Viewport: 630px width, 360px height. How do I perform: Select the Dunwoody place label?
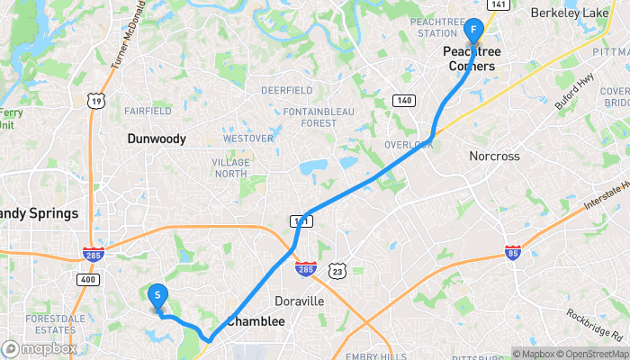click(x=157, y=139)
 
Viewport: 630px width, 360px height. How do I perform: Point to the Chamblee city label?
click(x=256, y=321)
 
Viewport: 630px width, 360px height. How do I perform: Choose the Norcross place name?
click(x=494, y=156)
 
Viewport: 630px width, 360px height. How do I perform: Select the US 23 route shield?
click(x=337, y=269)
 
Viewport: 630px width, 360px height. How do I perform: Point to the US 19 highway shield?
click(x=94, y=101)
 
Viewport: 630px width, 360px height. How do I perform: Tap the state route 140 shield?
click(x=403, y=99)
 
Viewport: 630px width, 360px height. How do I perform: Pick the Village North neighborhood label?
click(x=230, y=167)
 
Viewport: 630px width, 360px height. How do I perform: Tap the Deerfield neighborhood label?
click(x=286, y=90)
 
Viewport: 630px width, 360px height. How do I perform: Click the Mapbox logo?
click(x=40, y=348)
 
